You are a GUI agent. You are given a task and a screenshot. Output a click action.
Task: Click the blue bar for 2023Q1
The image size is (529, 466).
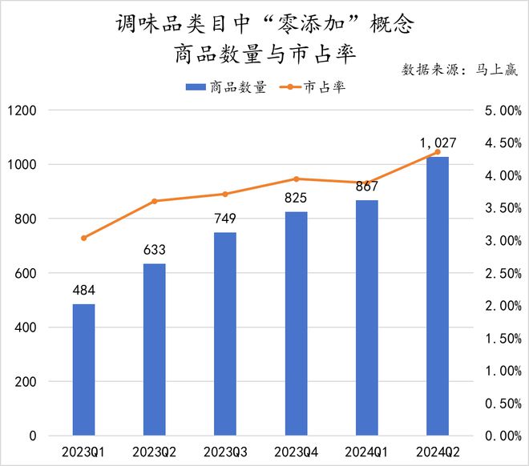(83, 370)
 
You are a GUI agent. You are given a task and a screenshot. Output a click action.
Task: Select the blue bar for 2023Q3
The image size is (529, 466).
(225, 334)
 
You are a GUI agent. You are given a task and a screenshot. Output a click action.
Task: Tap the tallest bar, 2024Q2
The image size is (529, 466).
(437, 296)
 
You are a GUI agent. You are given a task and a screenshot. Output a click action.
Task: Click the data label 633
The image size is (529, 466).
(154, 249)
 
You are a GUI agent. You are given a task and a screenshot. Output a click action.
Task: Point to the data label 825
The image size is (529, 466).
(296, 197)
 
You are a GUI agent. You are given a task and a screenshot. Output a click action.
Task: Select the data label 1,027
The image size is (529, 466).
(437, 143)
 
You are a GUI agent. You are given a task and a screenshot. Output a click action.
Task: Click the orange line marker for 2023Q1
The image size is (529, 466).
(83, 238)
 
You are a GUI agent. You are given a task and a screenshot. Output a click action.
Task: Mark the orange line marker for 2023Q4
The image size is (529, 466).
(296, 179)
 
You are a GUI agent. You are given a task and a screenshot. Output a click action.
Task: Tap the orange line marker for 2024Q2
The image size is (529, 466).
(437, 151)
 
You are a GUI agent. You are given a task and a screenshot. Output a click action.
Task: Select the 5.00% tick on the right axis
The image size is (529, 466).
(500, 110)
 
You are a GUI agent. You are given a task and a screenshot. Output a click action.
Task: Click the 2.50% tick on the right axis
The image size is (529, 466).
(500, 273)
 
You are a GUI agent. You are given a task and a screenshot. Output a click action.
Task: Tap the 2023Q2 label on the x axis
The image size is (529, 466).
(154, 452)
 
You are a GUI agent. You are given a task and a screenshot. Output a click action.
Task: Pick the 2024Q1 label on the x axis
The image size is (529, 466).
(366, 452)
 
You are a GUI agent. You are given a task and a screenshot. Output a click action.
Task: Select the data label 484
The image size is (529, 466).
(83, 290)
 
